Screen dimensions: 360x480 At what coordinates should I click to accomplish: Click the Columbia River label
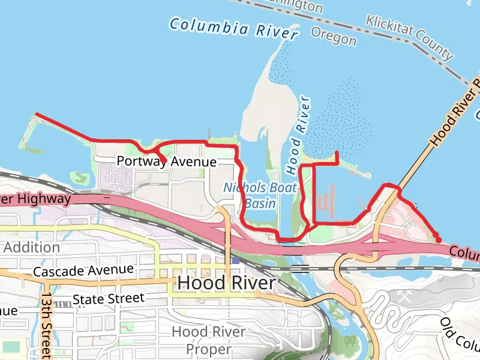pyautogui.click(x=233, y=29)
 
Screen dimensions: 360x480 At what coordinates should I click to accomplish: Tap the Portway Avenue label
pyautogui.click(x=166, y=162)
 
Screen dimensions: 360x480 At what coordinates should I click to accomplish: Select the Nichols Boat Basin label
pyautogui.click(x=260, y=196)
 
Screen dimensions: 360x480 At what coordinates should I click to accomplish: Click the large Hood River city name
pyautogui.click(x=226, y=283)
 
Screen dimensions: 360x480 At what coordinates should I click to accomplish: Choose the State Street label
pyautogui.click(x=108, y=298)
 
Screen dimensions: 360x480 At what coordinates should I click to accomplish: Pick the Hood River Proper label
pyautogui.click(x=208, y=340)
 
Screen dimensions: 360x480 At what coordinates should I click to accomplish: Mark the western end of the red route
pyautogui.click(x=37, y=113)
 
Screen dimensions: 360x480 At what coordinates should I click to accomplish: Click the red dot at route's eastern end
pyautogui.click(x=439, y=239)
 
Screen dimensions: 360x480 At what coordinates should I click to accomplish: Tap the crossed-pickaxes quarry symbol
pyautogui.click(x=403, y=296)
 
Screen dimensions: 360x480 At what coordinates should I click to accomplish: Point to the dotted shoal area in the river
pyautogui.click(x=342, y=120)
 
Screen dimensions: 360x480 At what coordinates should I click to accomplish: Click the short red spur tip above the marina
pyautogui.click(x=337, y=153)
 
